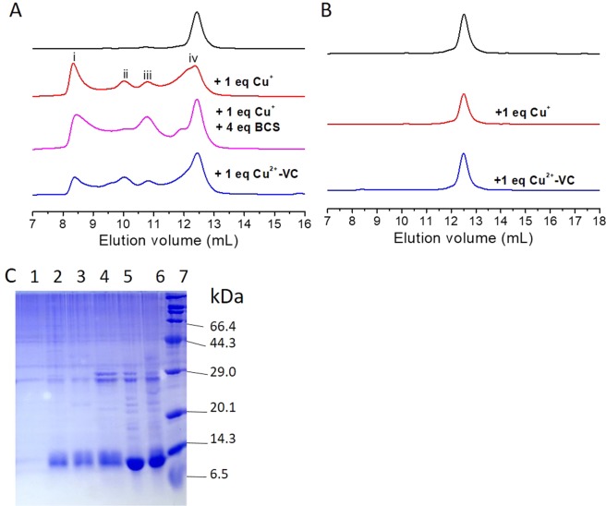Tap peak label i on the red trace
[x=74, y=56]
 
